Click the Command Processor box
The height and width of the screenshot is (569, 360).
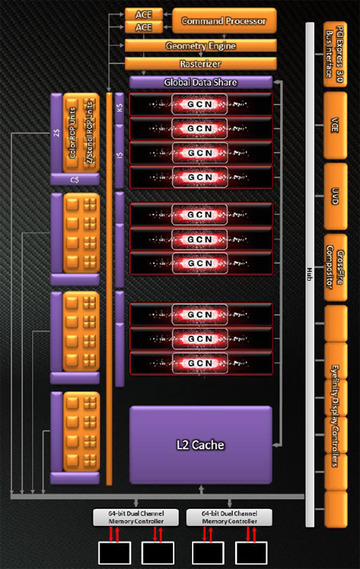pyautogui.click(x=224, y=19)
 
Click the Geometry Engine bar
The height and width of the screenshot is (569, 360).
pyautogui.click(x=201, y=46)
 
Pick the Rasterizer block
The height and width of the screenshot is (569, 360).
pyautogui.click(x=201, y=62)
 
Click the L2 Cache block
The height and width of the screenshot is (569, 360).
pyautogui.click(x=201, y=443)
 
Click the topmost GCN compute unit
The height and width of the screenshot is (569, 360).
pyautogui.click(x=200, y=104)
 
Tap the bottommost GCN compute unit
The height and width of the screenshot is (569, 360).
pyautogui.click(x=200, y=363)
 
